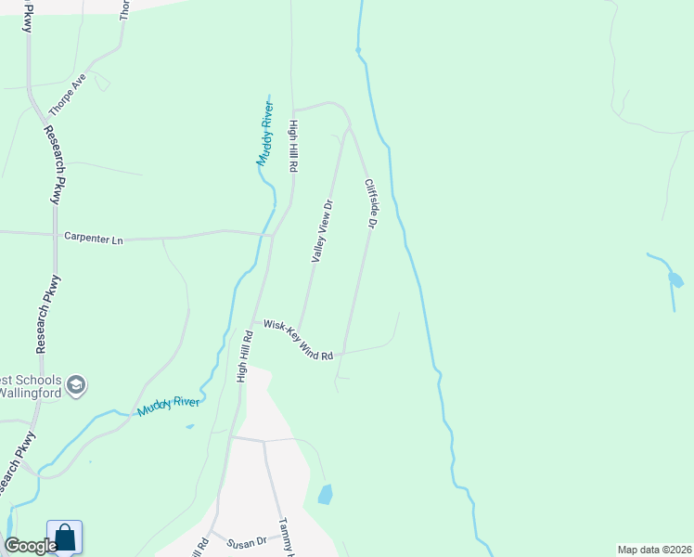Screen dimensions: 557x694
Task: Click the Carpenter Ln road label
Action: point(93,238)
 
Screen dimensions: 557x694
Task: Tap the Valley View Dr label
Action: point(321,230)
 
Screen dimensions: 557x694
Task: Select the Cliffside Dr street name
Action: point(371,204)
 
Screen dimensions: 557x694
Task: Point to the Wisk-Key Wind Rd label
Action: point(298,341)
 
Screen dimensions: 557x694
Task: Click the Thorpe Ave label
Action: point(67,95)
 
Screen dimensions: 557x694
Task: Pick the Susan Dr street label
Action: point(249,540)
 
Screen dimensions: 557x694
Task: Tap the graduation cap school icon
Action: point(76,384)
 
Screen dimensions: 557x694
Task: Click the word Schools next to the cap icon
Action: point(37,381)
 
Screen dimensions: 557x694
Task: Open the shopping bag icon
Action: point(64,538)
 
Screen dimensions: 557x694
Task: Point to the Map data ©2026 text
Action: point(654,550)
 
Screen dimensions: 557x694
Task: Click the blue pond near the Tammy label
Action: point(325,494)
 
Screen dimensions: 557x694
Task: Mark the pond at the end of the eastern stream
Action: point(675,278)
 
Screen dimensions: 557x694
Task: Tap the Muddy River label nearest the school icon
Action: point(168,406)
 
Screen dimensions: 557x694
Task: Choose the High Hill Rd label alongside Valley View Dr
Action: point(293,147)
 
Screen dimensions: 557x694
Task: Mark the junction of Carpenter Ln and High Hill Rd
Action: point(269,235)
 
